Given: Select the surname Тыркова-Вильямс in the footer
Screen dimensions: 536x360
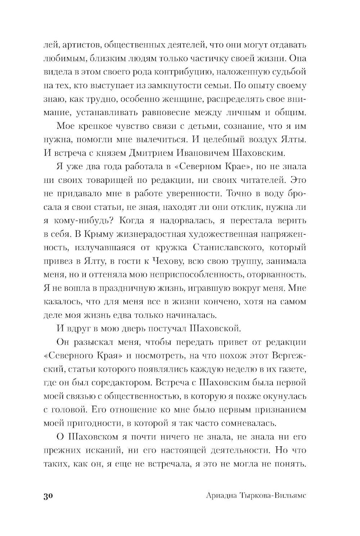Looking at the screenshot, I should (278, 496).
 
